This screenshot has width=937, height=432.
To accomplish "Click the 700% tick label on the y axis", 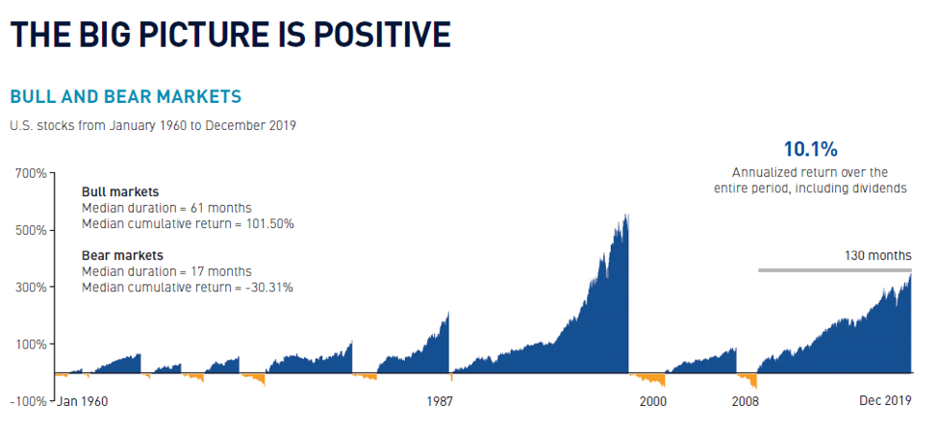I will [x=31, y=174].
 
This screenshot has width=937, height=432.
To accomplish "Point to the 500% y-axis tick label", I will [x=31, y=231].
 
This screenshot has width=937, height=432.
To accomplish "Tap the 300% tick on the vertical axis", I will [x=31, y=288].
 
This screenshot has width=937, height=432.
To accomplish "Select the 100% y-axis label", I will [x=31, y=344].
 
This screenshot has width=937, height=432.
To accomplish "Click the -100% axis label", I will [x=28, y=401].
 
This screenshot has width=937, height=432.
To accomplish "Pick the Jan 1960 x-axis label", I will [x=83, y=401].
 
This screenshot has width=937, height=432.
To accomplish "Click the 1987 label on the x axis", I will [x=440, y=401].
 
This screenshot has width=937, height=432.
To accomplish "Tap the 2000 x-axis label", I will [x=652, y=401].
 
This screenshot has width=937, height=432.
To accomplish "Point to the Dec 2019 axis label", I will [x=885, y=401].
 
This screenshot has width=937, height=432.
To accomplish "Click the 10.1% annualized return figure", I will [x=810, y=149].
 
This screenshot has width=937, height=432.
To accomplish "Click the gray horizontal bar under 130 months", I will [x=834, y=270].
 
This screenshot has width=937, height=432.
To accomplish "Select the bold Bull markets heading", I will [x=120, y=191].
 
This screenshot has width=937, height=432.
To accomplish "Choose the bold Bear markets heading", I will [x=122, y=255].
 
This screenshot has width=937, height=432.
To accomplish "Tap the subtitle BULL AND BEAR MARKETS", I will [x=125, y=97].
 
